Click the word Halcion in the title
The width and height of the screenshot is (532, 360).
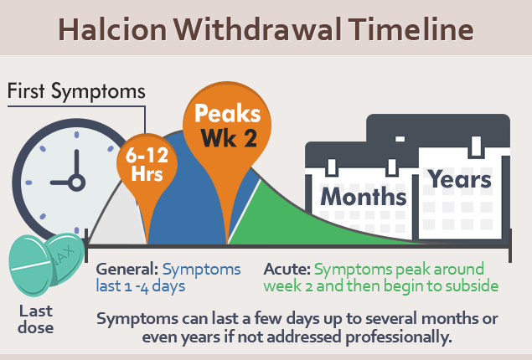click(x=112, y=29)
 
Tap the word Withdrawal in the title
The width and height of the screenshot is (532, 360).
click(x=257, y=29)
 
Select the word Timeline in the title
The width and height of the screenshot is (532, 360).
click(x=411, y=29)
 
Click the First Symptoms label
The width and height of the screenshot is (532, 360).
click(x=76, y=91)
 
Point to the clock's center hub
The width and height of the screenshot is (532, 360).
click(x=77, y=183)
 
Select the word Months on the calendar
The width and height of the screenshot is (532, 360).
click(x=364, y=197)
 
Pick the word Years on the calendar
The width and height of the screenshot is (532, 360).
click(x=459, y=178)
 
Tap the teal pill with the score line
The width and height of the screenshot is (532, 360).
click(x=31, y=265)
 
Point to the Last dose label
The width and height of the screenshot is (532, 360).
click(x=36, y=319)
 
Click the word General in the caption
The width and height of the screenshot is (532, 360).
click(x=127, y=269)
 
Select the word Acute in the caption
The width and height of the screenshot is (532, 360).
click(x=287, y=269)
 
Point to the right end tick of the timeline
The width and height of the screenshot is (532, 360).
click(x=510, y=245)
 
